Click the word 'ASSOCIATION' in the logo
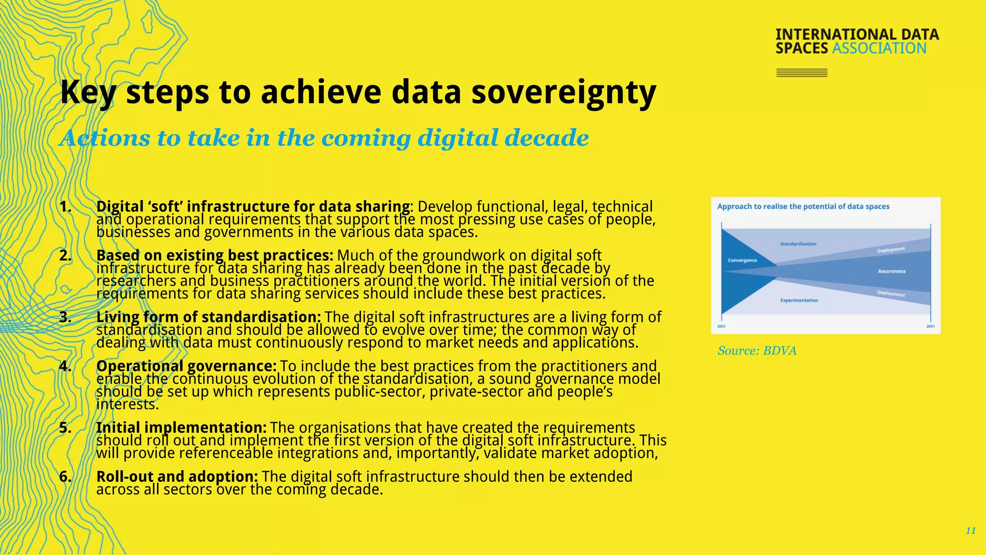[x=879, y=49]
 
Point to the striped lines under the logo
[x=802, y=73]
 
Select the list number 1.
[x=65, y=207]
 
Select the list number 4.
[x=65, y=366]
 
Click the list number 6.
[x=65, y=476]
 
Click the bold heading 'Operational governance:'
[x=186, y=366]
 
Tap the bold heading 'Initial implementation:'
[x=181, y=428]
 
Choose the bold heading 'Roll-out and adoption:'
[x=177, y=476]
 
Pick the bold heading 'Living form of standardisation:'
[x=208, y=317]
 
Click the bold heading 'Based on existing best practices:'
[x=215, y=255]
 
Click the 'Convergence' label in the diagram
[x=742, y=260]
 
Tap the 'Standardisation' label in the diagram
[x=798, y=244]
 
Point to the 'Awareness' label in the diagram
[x=892, y=271]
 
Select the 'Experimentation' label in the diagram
[x=799, y=300]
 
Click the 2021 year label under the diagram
[x=721, y=327]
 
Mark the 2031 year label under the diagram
[x=930, y=327]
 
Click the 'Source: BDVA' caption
[x=757, y=351]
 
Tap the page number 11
[x=971, y=530]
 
